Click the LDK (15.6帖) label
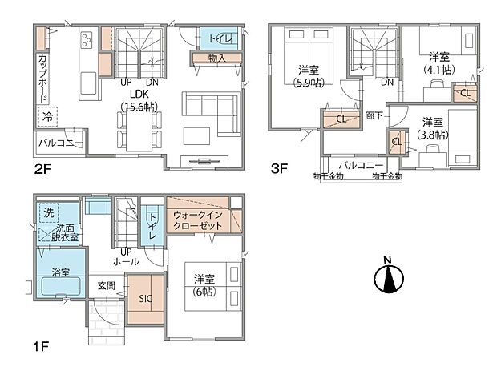point(138,99)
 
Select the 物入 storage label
point(216,58)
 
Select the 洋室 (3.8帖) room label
point(433,128)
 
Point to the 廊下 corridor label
point(373,115)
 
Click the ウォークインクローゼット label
point(200,222)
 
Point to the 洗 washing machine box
point(47,215)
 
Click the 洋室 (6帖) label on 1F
point(204,285)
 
